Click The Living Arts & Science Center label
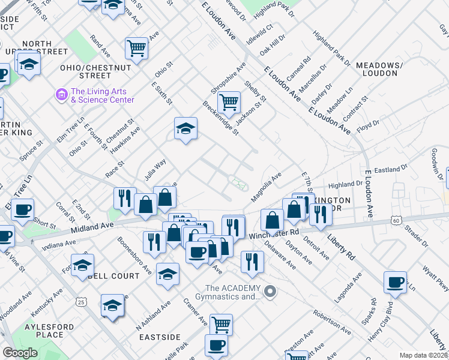[103, 95]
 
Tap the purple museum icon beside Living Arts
[61, 95]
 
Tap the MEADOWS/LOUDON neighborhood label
[378, 68]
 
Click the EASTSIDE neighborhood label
[160, 337]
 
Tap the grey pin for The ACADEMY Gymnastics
[270, 292]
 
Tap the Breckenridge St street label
[220, 118]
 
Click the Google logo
[20, 353]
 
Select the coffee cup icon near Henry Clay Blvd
[395, 283]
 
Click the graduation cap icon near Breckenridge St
[186, 128]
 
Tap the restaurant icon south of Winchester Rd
[252, 262]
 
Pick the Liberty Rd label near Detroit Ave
[342, 239]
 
